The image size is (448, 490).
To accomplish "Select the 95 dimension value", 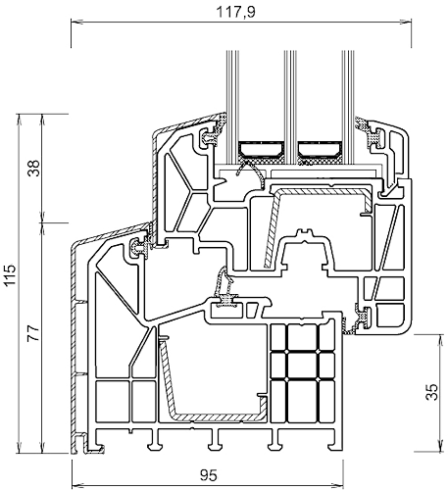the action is click(x=209, y=475).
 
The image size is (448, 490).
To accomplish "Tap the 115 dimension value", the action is click(x=9, y=275).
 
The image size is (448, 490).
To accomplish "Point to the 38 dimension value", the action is click(x=33, y=169).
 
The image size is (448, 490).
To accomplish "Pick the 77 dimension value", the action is click(x=33, y=333).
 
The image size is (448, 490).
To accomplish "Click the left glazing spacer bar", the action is click(x=261, y=149).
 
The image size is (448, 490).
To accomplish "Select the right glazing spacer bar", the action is click(x=320, y=149).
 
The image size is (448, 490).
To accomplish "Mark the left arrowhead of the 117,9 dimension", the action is click(x=75, y=23).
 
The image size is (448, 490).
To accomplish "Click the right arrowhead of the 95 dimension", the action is click(x=338, y=485).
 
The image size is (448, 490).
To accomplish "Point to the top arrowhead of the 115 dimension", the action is click(x=19, y=119).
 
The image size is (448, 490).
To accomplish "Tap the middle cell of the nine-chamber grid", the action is click(x=302, y=366).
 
